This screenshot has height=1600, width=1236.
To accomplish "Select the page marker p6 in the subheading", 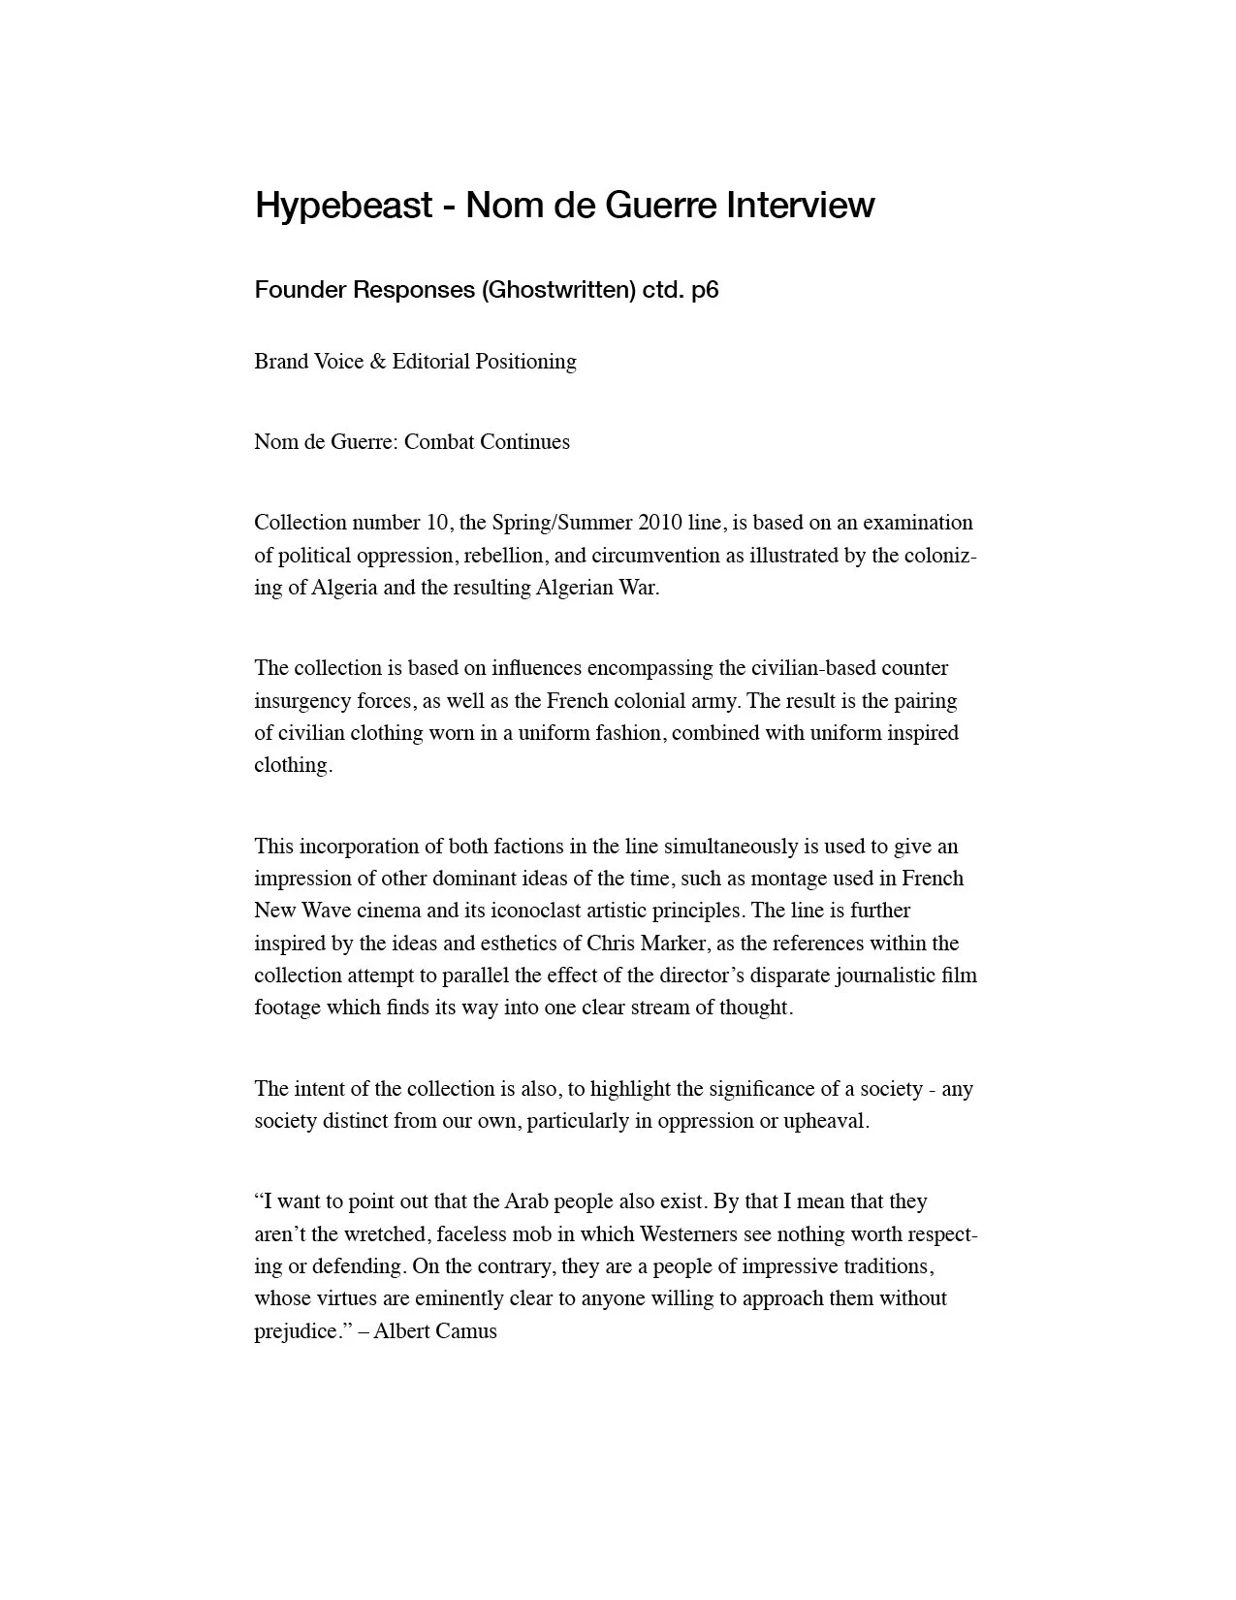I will pyautogui.click(x=705, y=290).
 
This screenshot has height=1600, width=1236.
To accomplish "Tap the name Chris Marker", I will pyautogui.click(x=647, y=943).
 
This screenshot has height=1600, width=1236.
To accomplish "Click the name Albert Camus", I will pyautogui.click(x=435, y=1331).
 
